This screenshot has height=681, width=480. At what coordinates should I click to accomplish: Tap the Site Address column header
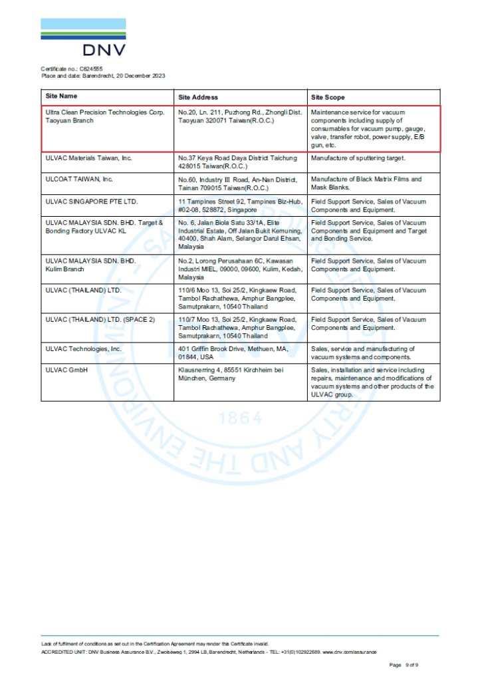(x=198, y=97)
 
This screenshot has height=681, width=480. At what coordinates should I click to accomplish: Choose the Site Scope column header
(x=328, y=97)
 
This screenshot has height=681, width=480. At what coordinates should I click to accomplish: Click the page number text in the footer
(x=404, y=664)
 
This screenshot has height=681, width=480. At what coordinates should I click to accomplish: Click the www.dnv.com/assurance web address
(x=352, y=652)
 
